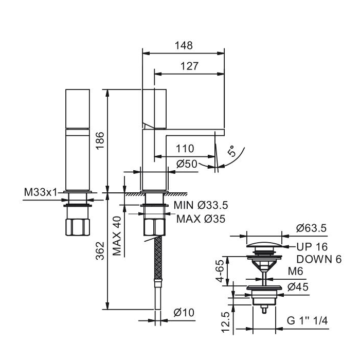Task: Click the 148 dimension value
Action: tap(183, 45)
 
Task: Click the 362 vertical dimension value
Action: tap(100, 251)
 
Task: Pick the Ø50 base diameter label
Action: tap(187, 164)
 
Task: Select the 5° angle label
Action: tap(231, 152)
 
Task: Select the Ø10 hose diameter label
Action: tap(183, 312)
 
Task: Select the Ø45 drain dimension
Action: tap(298, 287)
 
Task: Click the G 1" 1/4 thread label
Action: tap(308, 321)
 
